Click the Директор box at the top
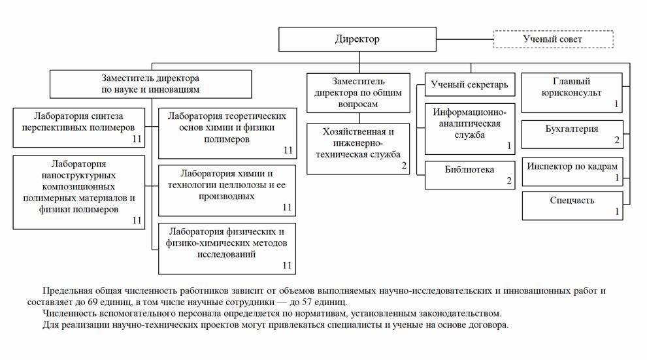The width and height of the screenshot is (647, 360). point(357,39)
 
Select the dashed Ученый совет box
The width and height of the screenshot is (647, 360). point(552,39)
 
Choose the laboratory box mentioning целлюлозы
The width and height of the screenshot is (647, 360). point(226,190)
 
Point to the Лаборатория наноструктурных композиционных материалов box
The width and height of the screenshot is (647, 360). point(78,192)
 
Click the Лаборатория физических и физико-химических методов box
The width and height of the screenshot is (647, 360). point(226,248)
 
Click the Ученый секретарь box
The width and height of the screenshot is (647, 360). point(470,84)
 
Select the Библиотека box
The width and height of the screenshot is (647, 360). point(470,174)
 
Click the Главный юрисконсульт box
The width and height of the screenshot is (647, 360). point(572,93)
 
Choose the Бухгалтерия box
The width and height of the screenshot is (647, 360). point(572,135)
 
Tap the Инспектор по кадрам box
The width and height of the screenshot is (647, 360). point(572,171)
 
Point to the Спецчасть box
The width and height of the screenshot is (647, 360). point(572,205)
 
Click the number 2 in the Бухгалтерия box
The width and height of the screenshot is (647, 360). point(616,140)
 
